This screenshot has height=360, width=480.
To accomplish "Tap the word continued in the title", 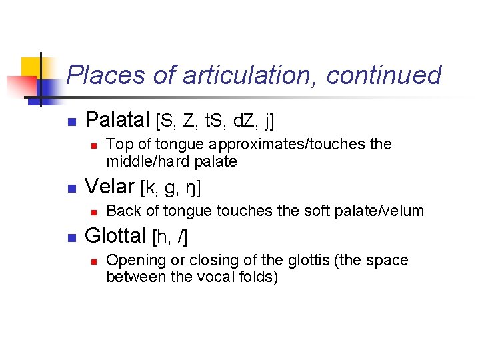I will click(383, 75).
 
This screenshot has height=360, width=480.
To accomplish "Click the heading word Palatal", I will click(118, 120).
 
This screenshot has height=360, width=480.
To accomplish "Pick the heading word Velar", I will click(110, 187).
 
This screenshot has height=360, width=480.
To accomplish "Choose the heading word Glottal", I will click(116, 235).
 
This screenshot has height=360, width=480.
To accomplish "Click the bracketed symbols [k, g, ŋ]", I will click(171, 188).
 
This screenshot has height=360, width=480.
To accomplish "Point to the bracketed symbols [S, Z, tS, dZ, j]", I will click(215, 121).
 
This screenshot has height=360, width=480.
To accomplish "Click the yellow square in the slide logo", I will click(31, 67).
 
